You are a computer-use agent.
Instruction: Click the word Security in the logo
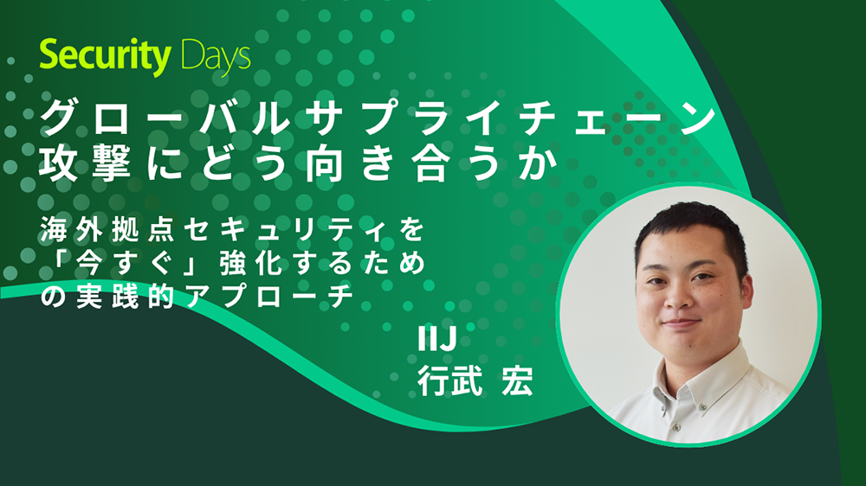pos(106,57)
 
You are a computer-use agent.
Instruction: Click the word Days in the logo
pos(216,57)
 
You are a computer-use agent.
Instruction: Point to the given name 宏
pos(516,381)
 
